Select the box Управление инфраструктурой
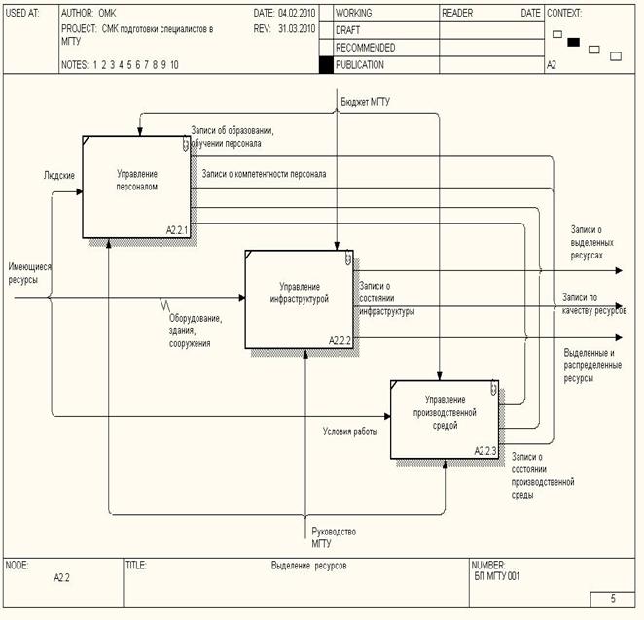pos(300,298)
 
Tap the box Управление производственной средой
pos(446,418)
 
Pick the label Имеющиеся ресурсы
pos(29,271)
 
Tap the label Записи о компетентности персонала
pos(264,174)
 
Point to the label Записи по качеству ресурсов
pos(593,303)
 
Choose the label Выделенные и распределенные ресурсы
pos(592,364)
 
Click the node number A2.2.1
pos(176,230)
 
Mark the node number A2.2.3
pos(485,451)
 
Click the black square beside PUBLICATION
pos(326,65)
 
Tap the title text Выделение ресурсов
pos(309,565)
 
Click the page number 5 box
pos(613,599)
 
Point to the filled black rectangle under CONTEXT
pos(574,42)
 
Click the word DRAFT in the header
pos(349,30)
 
